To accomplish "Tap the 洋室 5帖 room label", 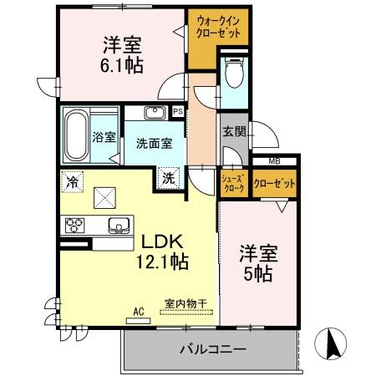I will (258, 263).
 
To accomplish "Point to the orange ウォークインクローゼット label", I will (218, 27).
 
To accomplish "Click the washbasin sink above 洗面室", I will (154, 114).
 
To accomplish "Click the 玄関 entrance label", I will (233, 130).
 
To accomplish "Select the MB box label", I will (273, 162).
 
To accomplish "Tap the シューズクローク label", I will (232, 184).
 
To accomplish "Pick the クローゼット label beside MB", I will (275, 184).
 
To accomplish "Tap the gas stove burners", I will (74, 225).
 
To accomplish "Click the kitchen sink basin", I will (118, 225).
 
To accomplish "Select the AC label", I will (138, 312).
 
